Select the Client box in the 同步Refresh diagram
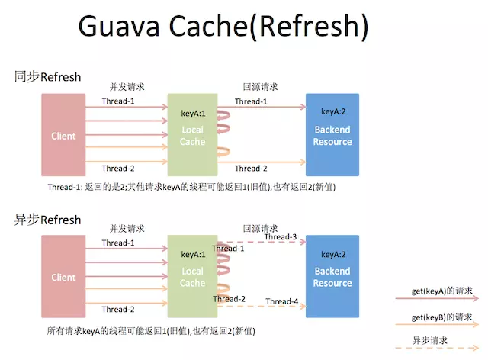click(63, 136)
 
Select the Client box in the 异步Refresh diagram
click(63, 277)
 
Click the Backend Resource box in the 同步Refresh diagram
click(332, 136)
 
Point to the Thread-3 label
click(281, 237)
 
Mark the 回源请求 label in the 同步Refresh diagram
click(260, 87)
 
